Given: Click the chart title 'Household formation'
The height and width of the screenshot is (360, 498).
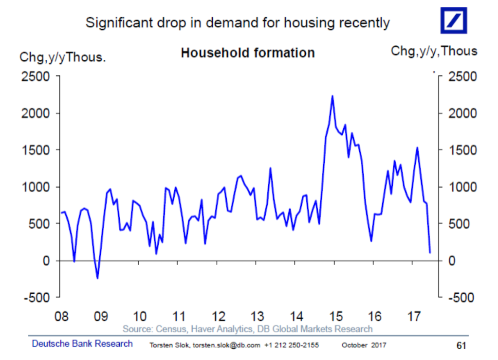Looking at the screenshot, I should pos(248,53).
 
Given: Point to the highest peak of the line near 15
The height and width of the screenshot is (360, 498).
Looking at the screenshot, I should pos(332,96).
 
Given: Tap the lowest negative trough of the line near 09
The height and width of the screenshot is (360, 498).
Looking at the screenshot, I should pos(97,278).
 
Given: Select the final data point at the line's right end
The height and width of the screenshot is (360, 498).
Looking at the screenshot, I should pos(430,252).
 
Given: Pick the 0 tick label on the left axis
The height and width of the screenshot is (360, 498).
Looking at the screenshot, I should pos(46,261).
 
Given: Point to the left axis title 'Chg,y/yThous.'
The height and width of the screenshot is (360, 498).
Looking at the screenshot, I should pos(63,57).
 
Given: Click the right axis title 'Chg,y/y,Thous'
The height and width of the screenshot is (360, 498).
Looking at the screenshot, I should pos(434,51).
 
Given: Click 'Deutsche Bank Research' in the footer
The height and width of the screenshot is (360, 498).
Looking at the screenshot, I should pos(82,344).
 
